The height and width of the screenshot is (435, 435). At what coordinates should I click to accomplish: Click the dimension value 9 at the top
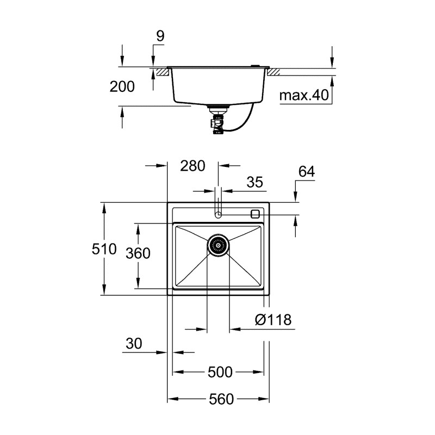[x=160, y=36]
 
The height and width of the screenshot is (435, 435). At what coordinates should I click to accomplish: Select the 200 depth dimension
[x=122, y=86]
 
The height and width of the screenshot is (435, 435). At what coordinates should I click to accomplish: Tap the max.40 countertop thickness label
[x=304, y=96]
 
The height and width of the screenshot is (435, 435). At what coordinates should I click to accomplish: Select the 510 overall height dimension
[x=104, y=249]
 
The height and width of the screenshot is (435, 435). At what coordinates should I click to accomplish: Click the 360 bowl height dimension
[x=138, y=253]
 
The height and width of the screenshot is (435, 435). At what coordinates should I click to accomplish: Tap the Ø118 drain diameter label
[x=273, y=320]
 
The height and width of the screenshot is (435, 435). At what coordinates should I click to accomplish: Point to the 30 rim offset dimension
[x=133, y=344]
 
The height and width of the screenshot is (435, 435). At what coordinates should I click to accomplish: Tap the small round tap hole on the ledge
[x=218, y=215]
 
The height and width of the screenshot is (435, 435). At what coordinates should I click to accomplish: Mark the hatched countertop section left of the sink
[x=160, y=71]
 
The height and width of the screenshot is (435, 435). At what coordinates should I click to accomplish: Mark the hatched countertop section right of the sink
[x=273, y=71]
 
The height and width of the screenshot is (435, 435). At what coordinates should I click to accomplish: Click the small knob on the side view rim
[x=254, y=65]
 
